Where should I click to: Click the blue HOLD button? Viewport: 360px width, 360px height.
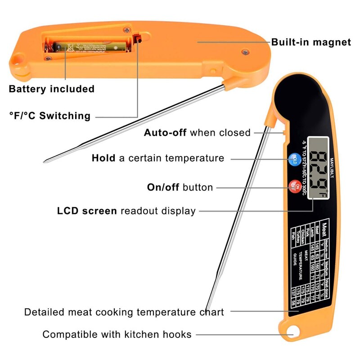click(x=293, y=159)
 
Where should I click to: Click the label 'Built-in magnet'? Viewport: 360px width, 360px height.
click(x=310, y=42)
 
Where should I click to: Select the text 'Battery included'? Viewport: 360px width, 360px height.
click(x=52, y=89)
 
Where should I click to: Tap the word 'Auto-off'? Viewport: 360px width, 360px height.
click(x=165, y=132)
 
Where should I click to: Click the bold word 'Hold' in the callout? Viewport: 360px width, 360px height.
click(x=103, y=158)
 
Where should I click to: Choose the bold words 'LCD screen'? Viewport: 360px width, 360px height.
click(x=87, y=211)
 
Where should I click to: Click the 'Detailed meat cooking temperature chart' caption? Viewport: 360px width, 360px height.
click(x=124, y=312)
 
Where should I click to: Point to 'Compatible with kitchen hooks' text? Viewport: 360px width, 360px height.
click(x=117, y=334)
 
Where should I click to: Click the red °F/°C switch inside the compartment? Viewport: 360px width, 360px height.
click(x=139, y=37)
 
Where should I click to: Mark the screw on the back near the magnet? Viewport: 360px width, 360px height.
click(x=245, y=52)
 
